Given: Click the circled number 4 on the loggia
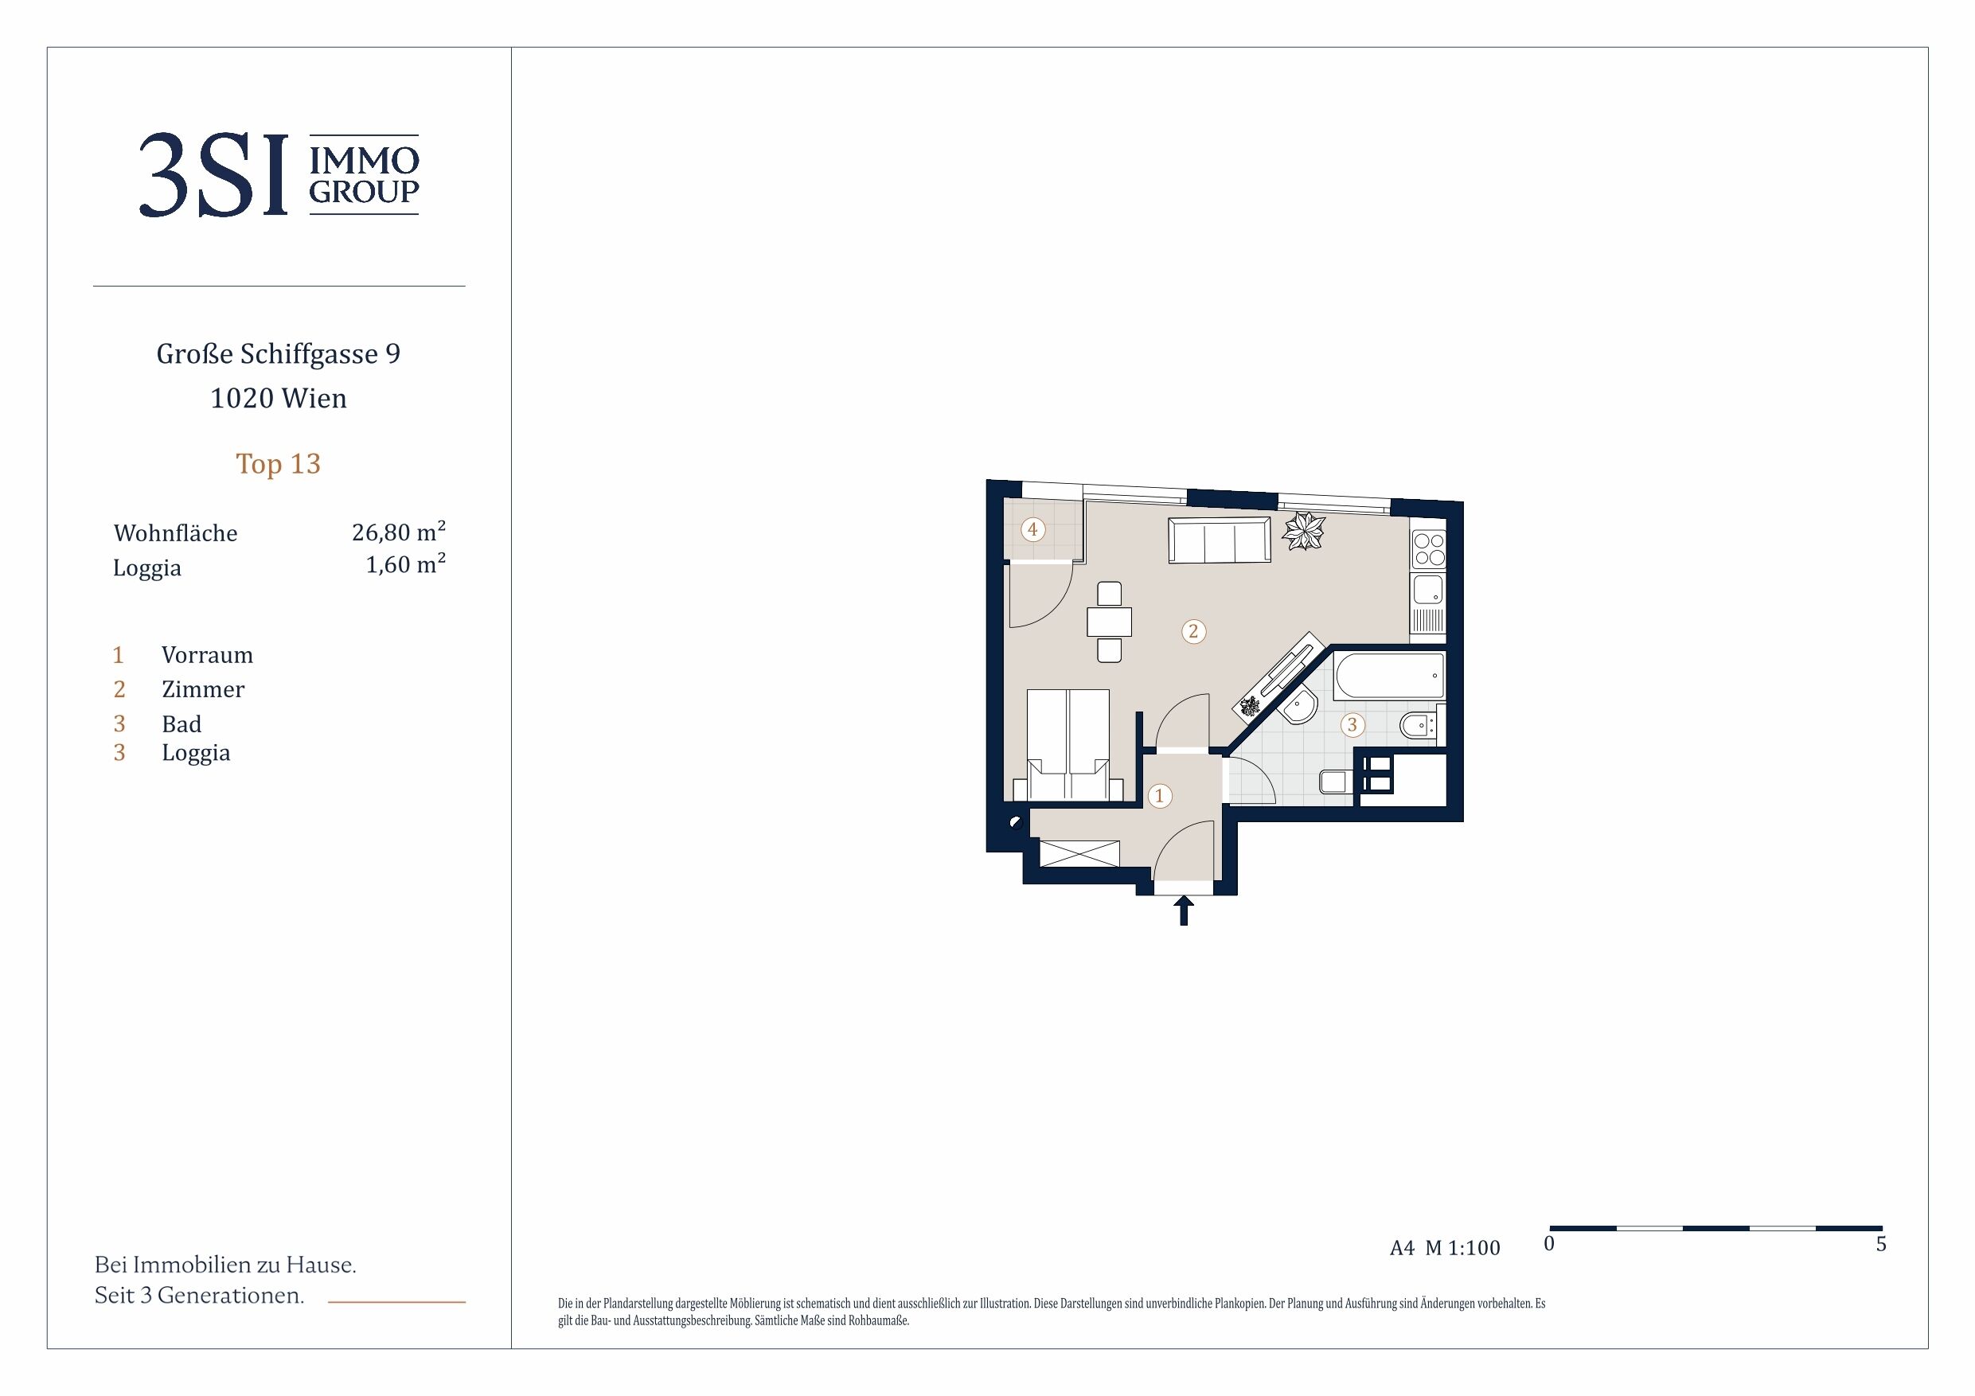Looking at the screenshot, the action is click(1032, 529).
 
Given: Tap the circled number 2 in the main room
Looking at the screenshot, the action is click(1193, 631).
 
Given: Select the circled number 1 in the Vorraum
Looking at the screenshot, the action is click(1160, 796).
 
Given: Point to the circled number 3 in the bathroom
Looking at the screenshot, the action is click(1352, 725).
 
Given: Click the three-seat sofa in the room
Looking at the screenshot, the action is click(1219, 540).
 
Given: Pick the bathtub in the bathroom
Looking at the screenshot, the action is click(1389, 675).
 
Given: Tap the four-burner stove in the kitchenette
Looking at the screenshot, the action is click(1430, 548).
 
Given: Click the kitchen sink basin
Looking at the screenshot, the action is click(1428, 590).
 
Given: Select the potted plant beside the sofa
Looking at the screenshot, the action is click(1304, 530).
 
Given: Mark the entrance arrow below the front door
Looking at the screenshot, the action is click(1184, 910).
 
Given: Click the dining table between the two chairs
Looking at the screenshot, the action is click(1110, 622).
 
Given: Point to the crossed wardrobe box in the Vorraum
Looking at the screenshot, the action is click(1079, 853).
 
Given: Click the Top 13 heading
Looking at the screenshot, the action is click(278, 465).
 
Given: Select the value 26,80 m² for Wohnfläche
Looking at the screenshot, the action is click(398, 532).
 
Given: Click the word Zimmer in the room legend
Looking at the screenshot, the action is click(203, 689).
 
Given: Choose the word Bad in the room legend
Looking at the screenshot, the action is click(181, 724).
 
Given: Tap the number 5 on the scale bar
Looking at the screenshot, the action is click(1881, 1244).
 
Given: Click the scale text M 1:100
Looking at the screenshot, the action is click(1462, 1248).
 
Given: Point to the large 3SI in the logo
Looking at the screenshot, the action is click(213, 175).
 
